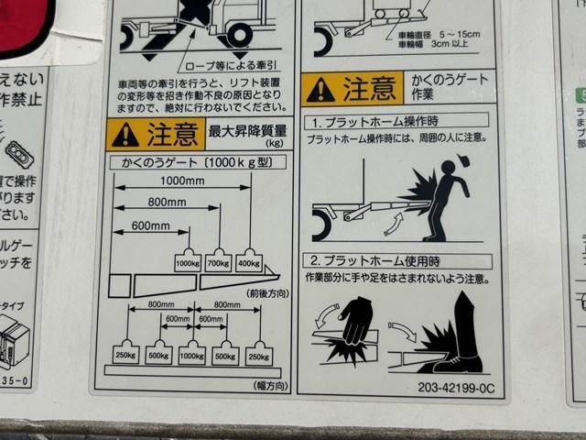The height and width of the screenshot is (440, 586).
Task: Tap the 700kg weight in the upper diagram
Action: tap(218, 261)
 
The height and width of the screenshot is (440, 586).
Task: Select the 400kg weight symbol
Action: tap(248, 261)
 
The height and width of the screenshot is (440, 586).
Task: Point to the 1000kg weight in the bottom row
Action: tap(191, 353)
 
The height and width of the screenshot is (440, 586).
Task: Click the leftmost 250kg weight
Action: tap(126, 353)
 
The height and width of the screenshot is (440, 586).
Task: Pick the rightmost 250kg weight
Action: tap(258, 353)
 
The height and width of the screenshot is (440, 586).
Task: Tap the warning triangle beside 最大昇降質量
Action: tap(125, 136)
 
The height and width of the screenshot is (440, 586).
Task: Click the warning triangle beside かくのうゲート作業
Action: tap(320, 90)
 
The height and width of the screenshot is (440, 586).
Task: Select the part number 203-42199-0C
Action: tap(455, 388)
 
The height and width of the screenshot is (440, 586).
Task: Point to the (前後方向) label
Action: tap(266, 293)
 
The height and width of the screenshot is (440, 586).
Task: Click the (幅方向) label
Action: tap(271, 385)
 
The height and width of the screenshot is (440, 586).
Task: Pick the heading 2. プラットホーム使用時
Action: tap(375, 261)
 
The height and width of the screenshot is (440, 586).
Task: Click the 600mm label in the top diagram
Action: tap(150, 225)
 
